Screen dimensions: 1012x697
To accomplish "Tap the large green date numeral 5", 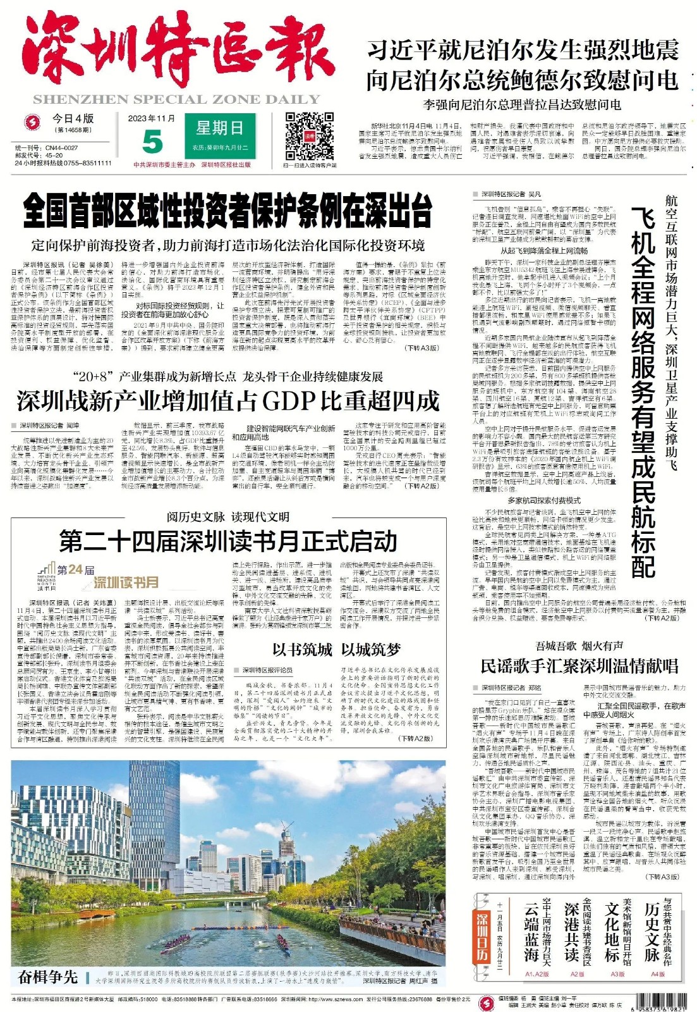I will pos(152,142).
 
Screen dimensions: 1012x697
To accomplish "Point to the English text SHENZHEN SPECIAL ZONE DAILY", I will pos(176,99).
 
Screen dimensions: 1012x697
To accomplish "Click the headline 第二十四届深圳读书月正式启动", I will pos(228,542).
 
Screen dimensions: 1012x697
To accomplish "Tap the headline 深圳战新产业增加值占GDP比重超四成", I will pos(227,400).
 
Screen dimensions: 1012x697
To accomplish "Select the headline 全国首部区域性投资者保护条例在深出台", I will pos(227,210).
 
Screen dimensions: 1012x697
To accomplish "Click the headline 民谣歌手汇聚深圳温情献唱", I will pos(579,665).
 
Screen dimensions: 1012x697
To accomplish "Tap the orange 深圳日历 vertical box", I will pos(482,936).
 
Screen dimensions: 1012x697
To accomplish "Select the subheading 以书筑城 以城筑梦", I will pos(336,650).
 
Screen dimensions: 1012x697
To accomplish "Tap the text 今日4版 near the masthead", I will pos(73,118).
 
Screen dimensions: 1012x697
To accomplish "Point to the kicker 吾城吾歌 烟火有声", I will pos(579,646).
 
